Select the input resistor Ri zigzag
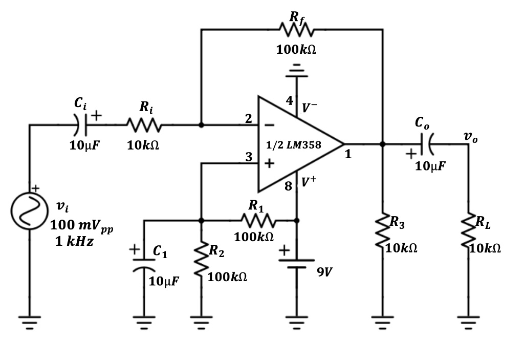click(145, 124)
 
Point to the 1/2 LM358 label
click(294, 145)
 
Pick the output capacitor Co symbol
click(426, 144)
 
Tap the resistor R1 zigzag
click(259, 221)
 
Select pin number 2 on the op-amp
click(248, 119)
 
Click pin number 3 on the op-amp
click(248, 157)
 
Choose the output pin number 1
click(348, 154)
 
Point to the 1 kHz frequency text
click(74, 242)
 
